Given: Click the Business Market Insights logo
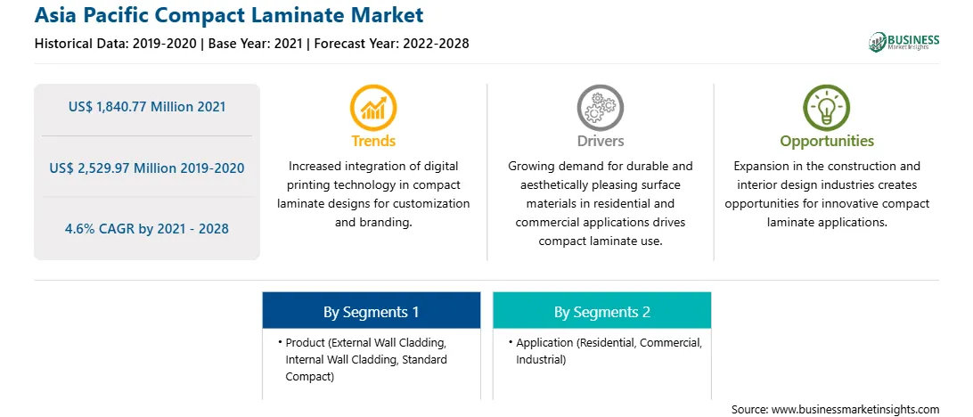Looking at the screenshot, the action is (904, 42).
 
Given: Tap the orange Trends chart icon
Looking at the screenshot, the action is (373, 107).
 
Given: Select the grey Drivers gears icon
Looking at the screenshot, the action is (600, 107).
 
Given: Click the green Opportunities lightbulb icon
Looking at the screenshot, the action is (827, 107).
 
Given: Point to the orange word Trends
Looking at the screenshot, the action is (373, 141).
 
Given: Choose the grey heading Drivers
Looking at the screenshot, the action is (600, 141).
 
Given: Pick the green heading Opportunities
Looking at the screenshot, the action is (827, 142).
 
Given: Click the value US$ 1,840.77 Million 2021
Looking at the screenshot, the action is (147, 107).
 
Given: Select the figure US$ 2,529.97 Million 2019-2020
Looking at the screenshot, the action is (147, 168).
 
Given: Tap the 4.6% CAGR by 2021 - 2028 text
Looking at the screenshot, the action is (147, 228).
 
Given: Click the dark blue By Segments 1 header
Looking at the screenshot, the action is (371, 311).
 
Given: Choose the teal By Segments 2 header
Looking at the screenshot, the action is (602, 311).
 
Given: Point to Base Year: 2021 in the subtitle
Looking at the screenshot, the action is (255, 44).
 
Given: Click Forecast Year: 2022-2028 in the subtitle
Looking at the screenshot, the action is (388, 44).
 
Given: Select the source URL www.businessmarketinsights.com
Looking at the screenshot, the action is (855, 409).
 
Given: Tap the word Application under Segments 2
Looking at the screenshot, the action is (544, 342).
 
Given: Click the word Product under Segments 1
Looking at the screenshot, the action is (305, 342).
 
